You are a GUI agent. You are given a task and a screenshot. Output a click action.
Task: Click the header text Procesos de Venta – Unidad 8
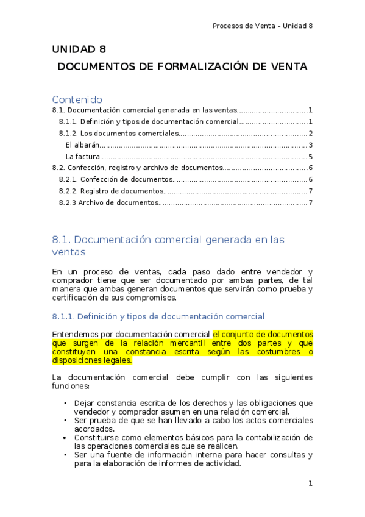click(x=263, y=26)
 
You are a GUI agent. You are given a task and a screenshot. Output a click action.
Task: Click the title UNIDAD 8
click(x=79, y=49)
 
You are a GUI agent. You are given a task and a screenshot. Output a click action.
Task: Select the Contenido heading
click(x=77, y=99)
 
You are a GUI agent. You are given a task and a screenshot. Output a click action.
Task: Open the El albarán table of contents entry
click(x=82, y=144)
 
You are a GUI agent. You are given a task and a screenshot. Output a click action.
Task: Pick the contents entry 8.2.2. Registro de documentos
click(x=111, y=191)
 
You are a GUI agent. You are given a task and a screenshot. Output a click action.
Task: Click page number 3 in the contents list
click(x=310, y=144)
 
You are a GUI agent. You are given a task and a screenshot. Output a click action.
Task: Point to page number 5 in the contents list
click(x=310, y=156)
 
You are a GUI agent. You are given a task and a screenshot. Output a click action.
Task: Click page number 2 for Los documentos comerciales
click(x=310, y=133)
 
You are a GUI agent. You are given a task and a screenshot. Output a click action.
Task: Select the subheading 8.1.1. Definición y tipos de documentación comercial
click(x=158, y=316)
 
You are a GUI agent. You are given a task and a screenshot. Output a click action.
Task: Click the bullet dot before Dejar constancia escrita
click(x=65, y=403)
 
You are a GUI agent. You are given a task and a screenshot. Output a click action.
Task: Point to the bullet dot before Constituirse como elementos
click(x=65, y=437)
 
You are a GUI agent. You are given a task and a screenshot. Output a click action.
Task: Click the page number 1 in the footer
click(x=310, y=483)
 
